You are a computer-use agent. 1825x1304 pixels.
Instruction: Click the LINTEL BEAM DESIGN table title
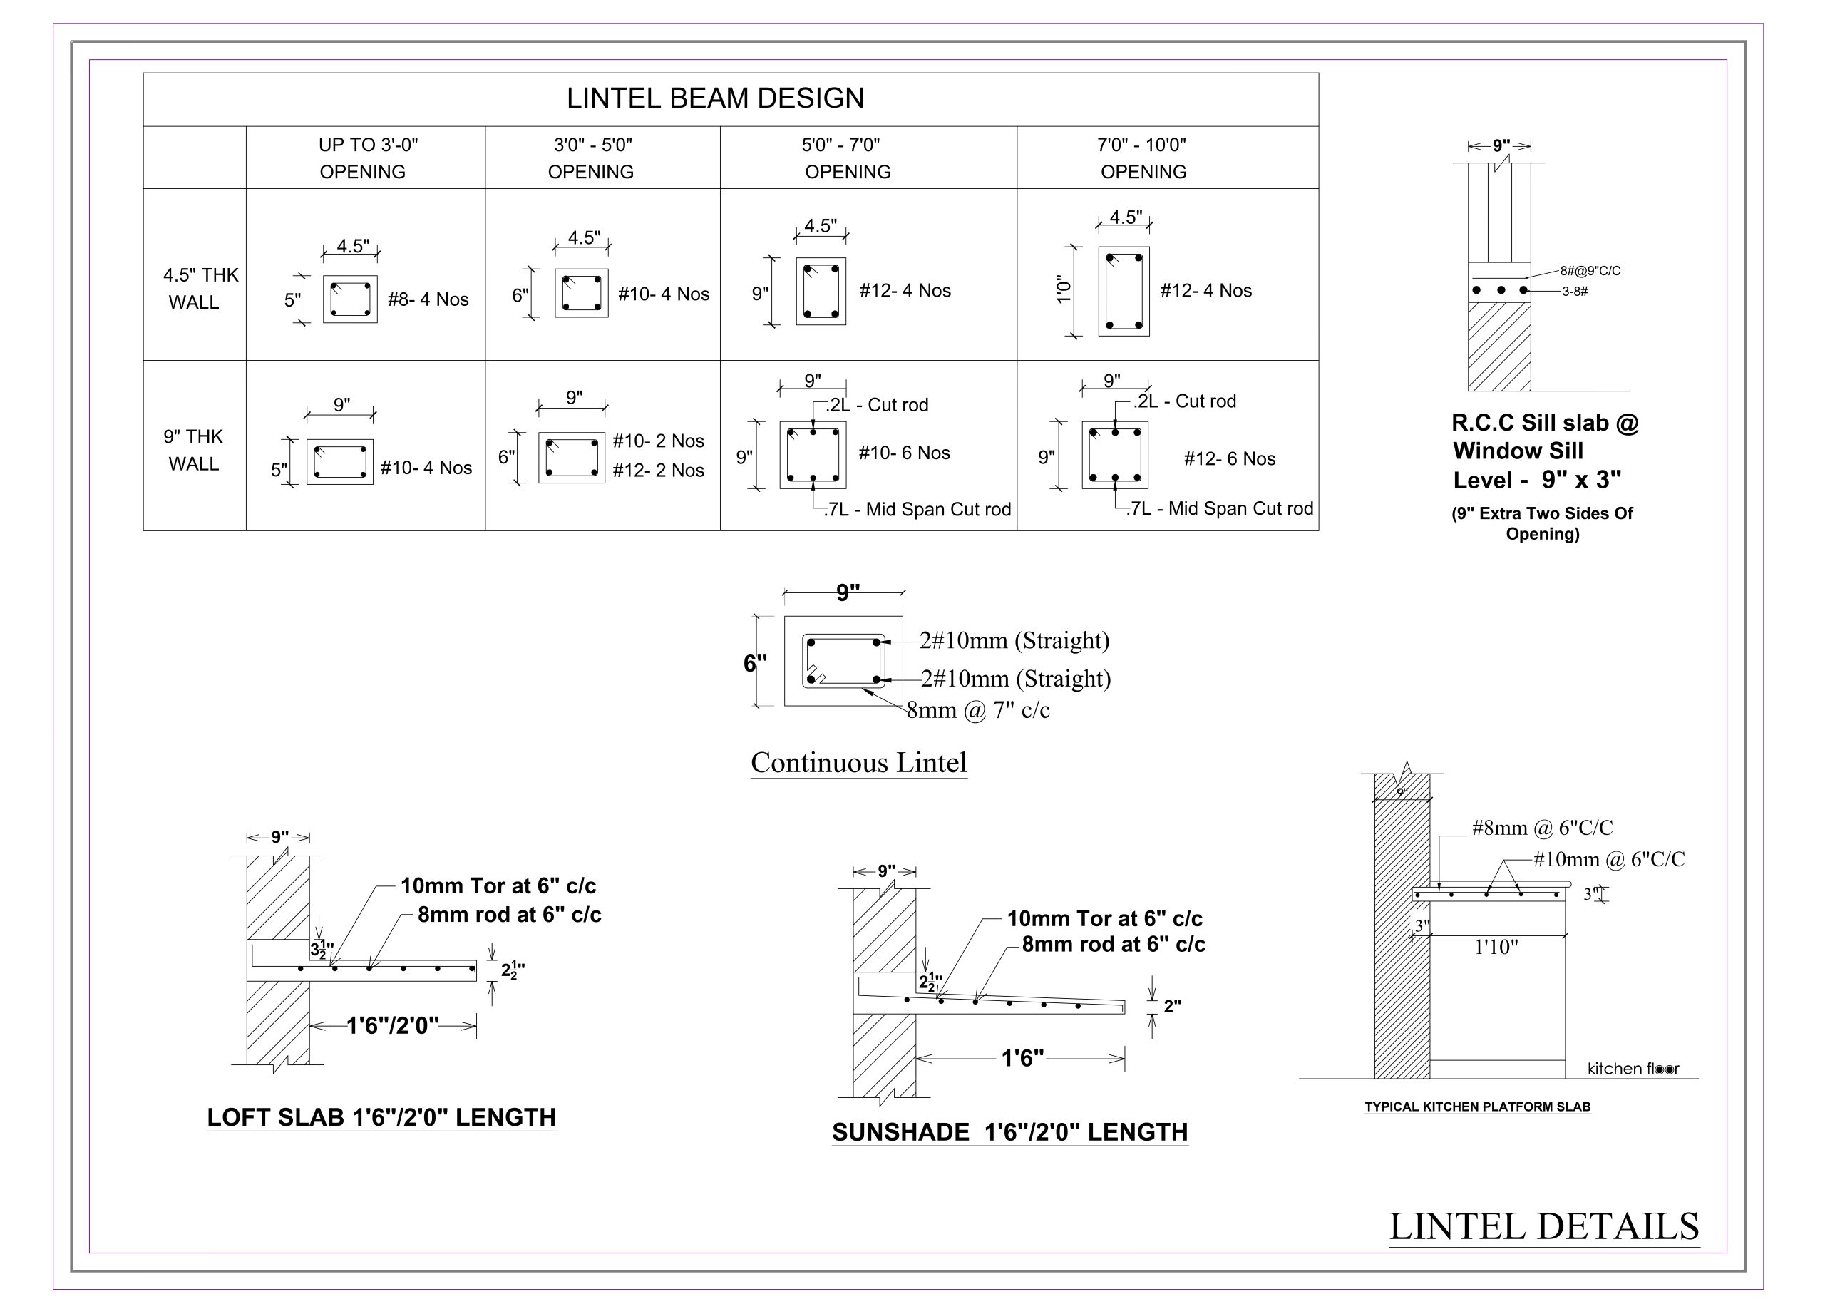pyautogui.click(x=714, y=98)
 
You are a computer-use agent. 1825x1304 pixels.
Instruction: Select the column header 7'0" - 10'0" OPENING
pyautogui.click(x=1143, y=158)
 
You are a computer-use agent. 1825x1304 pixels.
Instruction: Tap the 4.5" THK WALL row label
pyautogui.click(x=200, y=288)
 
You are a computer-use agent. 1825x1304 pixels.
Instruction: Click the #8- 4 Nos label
pyautogui.click(x=428, y=299)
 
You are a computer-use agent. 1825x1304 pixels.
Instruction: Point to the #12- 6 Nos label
pyautogui.click(x=1229, y=458)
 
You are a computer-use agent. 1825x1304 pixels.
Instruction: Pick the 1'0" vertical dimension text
pyautogui.click(x=1064, y=290)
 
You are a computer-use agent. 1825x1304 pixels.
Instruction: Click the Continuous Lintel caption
pyautogui.click(x=858, y=762)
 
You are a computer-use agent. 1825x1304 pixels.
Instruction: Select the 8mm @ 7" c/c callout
pyautogui.click(x=978, y=710)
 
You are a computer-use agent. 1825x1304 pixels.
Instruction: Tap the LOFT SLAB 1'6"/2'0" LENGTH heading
pyautogui.click(x=381, y=1117)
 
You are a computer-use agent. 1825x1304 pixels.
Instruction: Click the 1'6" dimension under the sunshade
pyautogui.click(x=1022, y=1058)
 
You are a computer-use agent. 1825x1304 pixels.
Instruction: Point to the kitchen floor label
pyautogui.click(x=1633, y=1068)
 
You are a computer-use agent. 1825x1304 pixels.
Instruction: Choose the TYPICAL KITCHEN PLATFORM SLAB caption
pyautogui.click(x=1477, y=1107)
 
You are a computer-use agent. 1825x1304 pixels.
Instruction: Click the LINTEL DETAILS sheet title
pyautogui.click(x=1543, y=1227)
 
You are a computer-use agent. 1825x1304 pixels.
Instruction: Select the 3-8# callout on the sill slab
pyautogui.click(x=1575, y=292)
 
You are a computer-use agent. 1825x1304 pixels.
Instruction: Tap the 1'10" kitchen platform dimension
pyautogui.click(x=1496, y=947)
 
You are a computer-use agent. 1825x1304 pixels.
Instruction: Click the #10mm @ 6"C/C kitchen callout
pyautogui.click(x=1608, y=859)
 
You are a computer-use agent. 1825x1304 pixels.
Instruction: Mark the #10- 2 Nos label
pyautogui.click(x=657, y=441)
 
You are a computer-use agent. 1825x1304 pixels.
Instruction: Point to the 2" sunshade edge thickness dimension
pyautogui.click(x=1172, y=1006)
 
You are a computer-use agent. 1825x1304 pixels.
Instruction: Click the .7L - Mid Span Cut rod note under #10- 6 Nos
pyautogui.click(x=917, y=510)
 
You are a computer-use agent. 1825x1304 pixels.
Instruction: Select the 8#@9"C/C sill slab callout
pyautogui.click(x=1590, y=272)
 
